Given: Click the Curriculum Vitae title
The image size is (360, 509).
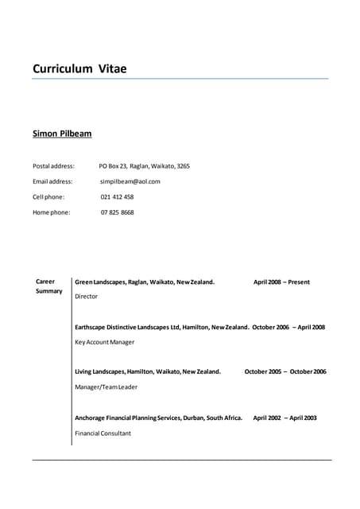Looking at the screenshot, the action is (x=79, y=69).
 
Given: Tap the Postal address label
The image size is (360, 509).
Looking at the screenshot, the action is (x=53, y=166).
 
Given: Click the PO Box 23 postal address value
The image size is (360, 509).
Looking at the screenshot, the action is (x=144, y=166).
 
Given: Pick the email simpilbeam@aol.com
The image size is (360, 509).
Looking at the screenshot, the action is (x=130, y=181).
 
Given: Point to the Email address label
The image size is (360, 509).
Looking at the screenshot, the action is (x=52, y=181).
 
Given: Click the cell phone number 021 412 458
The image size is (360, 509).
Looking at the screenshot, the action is (x=117, y=196).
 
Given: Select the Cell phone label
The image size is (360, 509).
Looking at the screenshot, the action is (x=48, y=196).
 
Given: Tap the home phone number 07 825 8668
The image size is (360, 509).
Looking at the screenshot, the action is (x=117, y=212).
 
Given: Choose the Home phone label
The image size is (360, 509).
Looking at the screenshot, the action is (x=51, y=212).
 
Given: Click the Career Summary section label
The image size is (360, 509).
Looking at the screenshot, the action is (x=48, y=286).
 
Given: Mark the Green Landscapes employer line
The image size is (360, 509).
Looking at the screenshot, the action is (x=145, y=282).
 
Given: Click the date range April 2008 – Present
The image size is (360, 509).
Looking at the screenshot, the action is (x=281, y=282).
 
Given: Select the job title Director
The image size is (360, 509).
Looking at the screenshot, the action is (x=86, y=297).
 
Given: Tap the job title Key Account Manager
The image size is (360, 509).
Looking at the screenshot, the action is (x=104, y=342).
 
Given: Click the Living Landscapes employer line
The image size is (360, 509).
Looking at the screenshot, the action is (x=148, y=371).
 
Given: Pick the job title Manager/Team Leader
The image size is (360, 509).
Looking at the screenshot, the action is (x=106, y=387).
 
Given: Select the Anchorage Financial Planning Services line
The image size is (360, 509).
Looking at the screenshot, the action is (x=158, y=418).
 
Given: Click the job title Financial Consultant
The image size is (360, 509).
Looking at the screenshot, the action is (x=103, y=433).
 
